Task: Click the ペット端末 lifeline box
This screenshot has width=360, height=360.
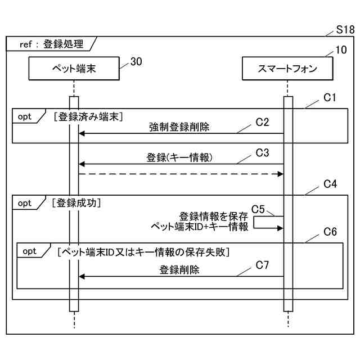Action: point(74,69)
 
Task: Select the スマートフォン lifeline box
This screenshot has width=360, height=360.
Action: point(287,69)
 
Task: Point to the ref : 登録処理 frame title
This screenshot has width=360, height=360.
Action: point(51,44)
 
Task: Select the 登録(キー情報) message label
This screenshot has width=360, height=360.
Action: point(179,157)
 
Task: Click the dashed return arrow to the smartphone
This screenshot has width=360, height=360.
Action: point(180,174)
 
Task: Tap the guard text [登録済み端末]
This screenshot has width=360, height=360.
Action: point(89,116)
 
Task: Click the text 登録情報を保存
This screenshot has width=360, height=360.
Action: point(213,216)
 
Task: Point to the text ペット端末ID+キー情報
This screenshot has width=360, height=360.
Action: point(200,227)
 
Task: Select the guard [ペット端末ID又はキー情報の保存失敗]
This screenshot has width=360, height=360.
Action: point(143,251)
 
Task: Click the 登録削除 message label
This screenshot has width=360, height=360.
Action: point(179,269)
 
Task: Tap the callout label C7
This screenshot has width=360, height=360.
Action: point(263,264)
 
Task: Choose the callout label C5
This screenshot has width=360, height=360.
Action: point(258,209)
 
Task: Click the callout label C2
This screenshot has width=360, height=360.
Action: point(263,121)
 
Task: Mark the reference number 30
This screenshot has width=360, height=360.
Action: point(136,62)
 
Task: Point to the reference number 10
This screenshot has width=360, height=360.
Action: point(341,49)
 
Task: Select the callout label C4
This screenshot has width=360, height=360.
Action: point(330,184)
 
